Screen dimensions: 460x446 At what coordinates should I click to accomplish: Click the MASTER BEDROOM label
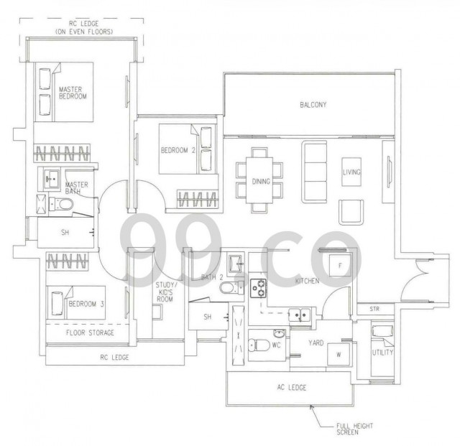[73, 93]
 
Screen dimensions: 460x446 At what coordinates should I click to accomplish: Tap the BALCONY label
[313, 105]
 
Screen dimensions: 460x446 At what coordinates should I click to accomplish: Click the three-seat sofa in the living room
[314, 172]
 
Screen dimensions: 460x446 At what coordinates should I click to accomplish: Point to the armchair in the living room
[351, 212]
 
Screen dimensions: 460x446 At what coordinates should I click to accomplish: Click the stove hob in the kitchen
[258, 288]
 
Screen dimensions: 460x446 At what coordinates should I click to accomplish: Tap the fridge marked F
[340, 266]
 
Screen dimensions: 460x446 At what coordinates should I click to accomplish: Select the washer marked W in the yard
[339, 355]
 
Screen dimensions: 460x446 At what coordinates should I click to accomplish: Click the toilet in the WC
[259, 345]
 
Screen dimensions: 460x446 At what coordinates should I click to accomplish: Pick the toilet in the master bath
[61, 204]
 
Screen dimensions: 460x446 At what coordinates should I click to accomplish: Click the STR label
[374, 309]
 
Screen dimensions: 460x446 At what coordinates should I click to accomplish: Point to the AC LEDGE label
[292, 388]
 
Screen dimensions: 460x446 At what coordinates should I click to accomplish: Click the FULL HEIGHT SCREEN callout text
[354, 429]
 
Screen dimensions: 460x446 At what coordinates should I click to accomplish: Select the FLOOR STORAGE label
[90, 333]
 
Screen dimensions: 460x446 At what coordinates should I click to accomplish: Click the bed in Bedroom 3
[76, 302]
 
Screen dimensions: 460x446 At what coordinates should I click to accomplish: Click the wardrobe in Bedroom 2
[198, 199]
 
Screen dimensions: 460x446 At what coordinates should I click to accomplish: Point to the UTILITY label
[382, 353]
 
